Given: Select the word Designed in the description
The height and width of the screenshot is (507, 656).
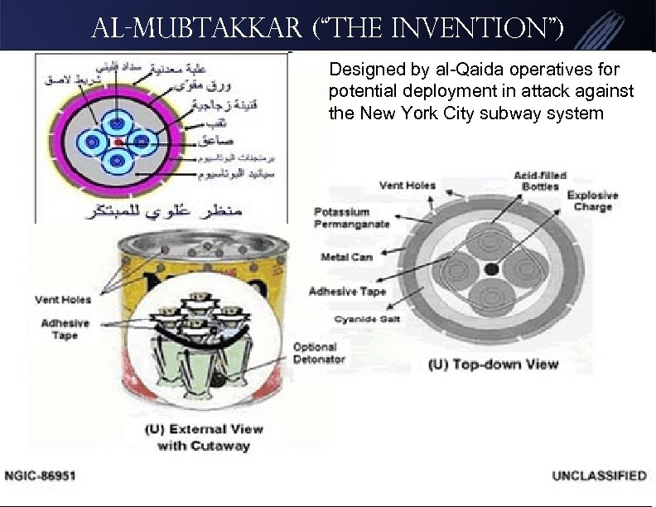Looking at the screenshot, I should pyautogui.click(x=361, y=68).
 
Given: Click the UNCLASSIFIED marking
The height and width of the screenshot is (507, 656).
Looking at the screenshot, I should pyautogui.click(x=599, y=476).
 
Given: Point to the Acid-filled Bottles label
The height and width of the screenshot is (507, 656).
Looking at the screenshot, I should pyautogui.click(x=541, y=181).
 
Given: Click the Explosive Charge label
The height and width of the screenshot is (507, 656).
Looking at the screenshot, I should pyautogui.click(x=591, y=201).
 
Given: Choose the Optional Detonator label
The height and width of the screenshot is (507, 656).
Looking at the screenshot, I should pyautogui.click(x=315, y=353).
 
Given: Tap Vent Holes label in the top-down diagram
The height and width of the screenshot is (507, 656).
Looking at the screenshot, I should pyautogui.click(x=408, y=186).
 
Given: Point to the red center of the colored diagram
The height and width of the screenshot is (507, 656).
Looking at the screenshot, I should pyautogui.click(x=119, y=142).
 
